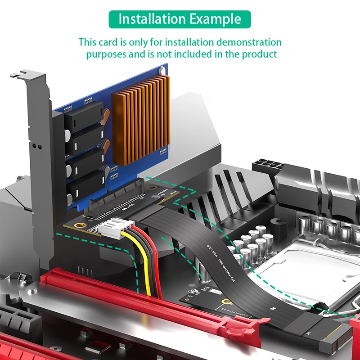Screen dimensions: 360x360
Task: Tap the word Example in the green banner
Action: pyautogui.click(x=215, y=19)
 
